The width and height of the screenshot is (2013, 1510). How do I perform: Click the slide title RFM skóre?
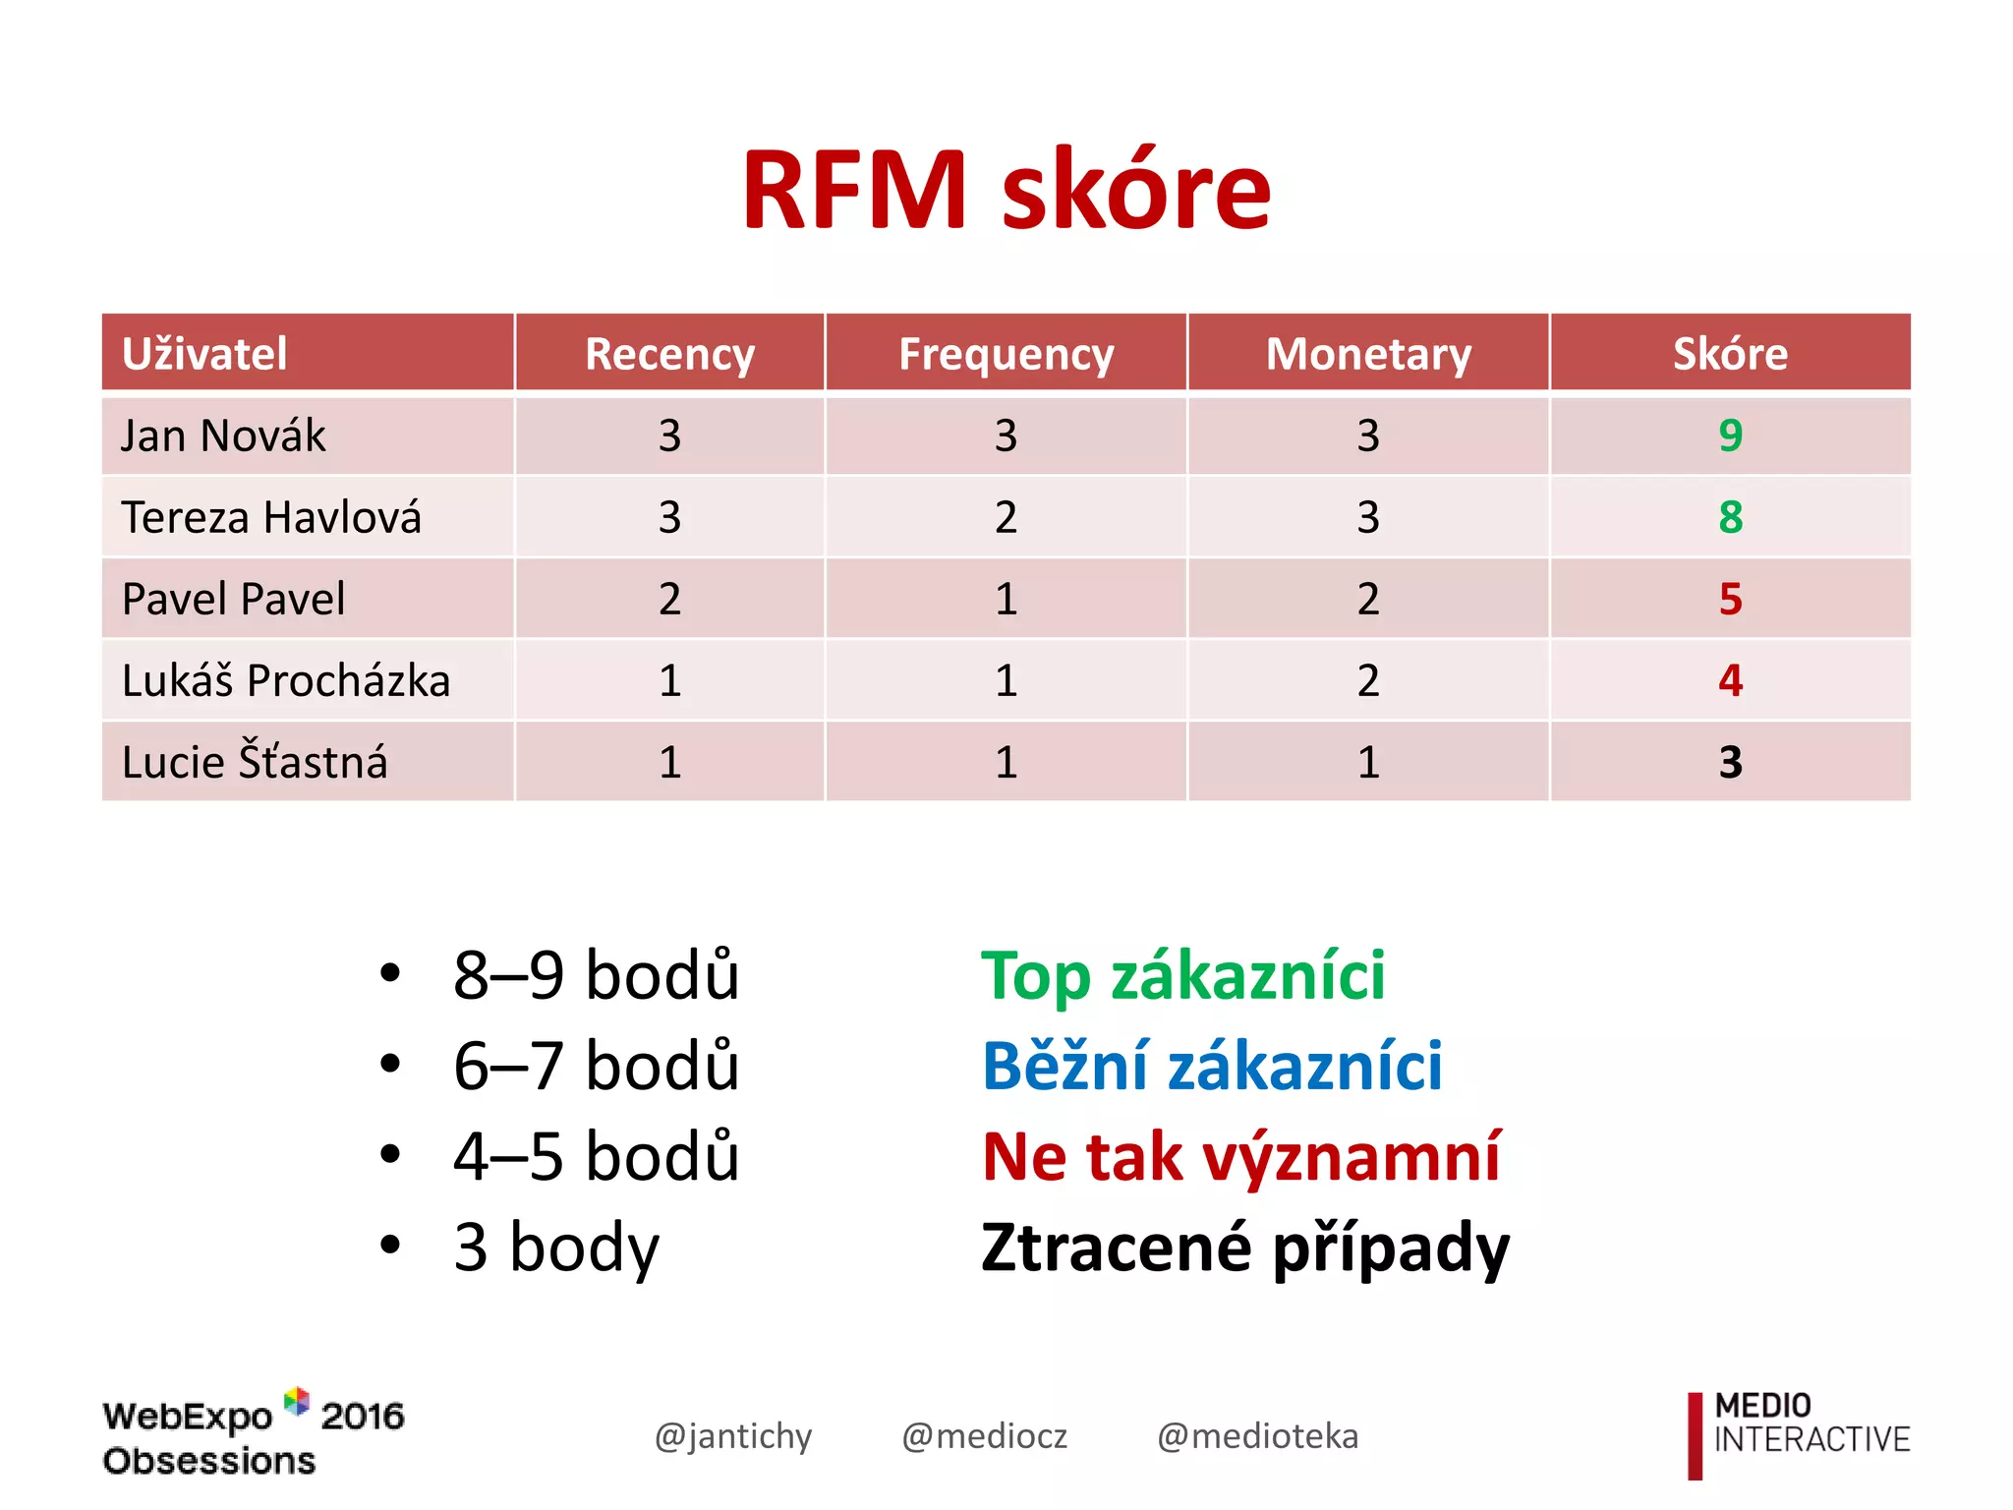pyautogui.click(x=1006, y=189)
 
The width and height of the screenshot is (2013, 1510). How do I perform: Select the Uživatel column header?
pyautogui.click(x=204, y=354)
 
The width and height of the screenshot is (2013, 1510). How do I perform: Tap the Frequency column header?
pyautogui.click(x=1006, y=354)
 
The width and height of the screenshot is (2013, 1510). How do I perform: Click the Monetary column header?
pyautogui.click(x=1368, y=354)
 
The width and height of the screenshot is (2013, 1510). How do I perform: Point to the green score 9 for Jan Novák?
pyautogui.click(x=1730, y=436)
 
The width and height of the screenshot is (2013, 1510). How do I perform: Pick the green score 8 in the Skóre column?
pyautogui.click(x=1730, y=517)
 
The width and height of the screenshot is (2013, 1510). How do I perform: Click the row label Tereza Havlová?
pyautogui.click(x=271, y=517)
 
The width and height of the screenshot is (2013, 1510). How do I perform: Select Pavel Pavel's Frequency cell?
pyautogui.click(x=1006, y=599)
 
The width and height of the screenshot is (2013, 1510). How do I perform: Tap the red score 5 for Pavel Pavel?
pyautogui.click(x=1730, y=599)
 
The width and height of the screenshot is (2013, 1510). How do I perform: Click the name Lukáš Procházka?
pyautogui.click(x=285, y=680)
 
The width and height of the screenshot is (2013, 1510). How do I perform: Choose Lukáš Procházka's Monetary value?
pyautogui.click(x=1368, y=680)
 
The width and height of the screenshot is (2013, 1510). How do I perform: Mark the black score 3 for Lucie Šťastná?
pyautogui.click(x=1730, y=762)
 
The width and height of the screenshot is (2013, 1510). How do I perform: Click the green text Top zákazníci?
pyautogui.click(x=1182, y=976)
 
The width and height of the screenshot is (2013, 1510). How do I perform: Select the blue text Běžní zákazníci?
pyautogui.click(x=1211, y=1067)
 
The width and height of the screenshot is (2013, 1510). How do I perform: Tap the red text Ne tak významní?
pyautogui.click(x=1240, y=1157)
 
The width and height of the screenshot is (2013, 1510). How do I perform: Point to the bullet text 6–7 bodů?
pyautogui.click(x=596, y=1067)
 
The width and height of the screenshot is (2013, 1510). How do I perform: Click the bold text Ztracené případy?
pyautogui.click(x=1244, y=1248)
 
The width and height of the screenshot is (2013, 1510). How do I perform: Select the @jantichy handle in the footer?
pyautogui.click(x=733, y=1436)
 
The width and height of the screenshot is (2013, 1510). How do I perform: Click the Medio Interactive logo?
pyautogui.click(x=1799, y=1434)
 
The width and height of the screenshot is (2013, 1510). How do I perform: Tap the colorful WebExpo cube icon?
pyautogui.click(x=296, y=1401)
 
